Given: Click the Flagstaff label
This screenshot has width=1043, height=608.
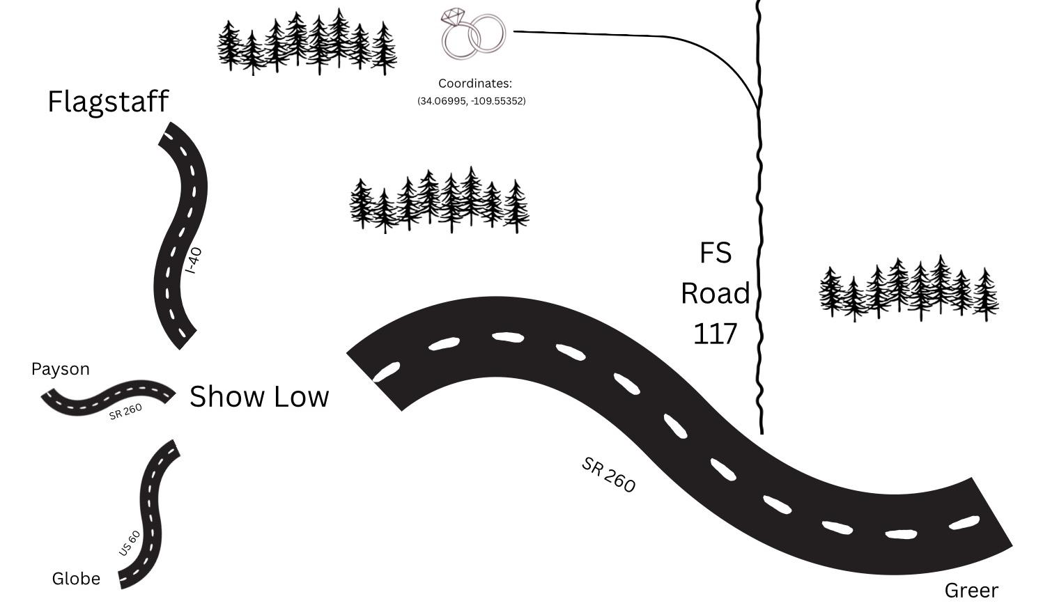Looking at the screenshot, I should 108,102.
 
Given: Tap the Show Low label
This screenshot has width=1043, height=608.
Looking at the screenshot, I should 259,396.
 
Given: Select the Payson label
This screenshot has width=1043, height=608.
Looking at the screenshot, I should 61,369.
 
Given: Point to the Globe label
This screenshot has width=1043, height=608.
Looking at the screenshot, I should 76,579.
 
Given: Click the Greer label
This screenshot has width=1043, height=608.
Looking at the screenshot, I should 971,591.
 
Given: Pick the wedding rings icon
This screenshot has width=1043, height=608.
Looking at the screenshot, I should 472,33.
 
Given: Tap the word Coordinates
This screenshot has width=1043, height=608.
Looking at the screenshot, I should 474,84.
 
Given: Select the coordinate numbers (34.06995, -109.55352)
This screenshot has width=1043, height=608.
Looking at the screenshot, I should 472,101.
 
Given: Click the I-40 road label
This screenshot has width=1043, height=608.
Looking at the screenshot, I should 195,260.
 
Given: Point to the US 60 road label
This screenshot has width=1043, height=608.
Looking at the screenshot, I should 130,543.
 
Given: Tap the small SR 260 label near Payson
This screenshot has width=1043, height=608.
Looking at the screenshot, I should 125,412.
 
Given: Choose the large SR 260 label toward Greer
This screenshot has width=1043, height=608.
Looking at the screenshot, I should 608,475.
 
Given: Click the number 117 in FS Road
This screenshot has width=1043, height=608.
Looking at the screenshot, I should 715,334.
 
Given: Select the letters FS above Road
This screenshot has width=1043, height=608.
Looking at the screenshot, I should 715,253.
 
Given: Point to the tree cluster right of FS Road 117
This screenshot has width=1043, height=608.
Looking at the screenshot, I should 909,289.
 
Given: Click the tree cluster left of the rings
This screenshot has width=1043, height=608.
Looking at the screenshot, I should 307,42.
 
